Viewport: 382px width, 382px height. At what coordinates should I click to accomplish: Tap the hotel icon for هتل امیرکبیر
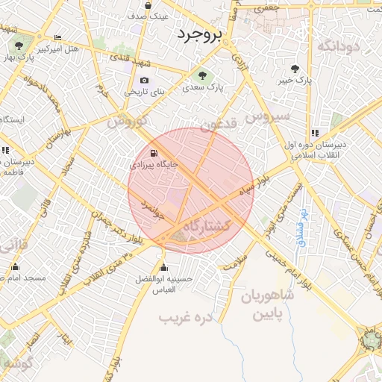[x=58, y=38]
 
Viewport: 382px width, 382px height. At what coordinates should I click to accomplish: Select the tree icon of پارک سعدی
[x=202, y=75]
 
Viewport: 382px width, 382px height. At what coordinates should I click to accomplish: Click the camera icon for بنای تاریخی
[x=143, y=80]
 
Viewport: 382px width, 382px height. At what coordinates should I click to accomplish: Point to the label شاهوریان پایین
[x=268, y=304]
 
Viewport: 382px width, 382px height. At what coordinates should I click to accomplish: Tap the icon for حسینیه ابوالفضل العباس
[x=163, y=268]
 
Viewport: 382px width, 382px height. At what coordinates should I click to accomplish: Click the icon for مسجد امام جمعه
[x=15, y=266]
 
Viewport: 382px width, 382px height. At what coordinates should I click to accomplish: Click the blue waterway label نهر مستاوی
[x=303, y=228]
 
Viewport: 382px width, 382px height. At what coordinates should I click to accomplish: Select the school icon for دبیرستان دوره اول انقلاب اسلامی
[x=314, y=134]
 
